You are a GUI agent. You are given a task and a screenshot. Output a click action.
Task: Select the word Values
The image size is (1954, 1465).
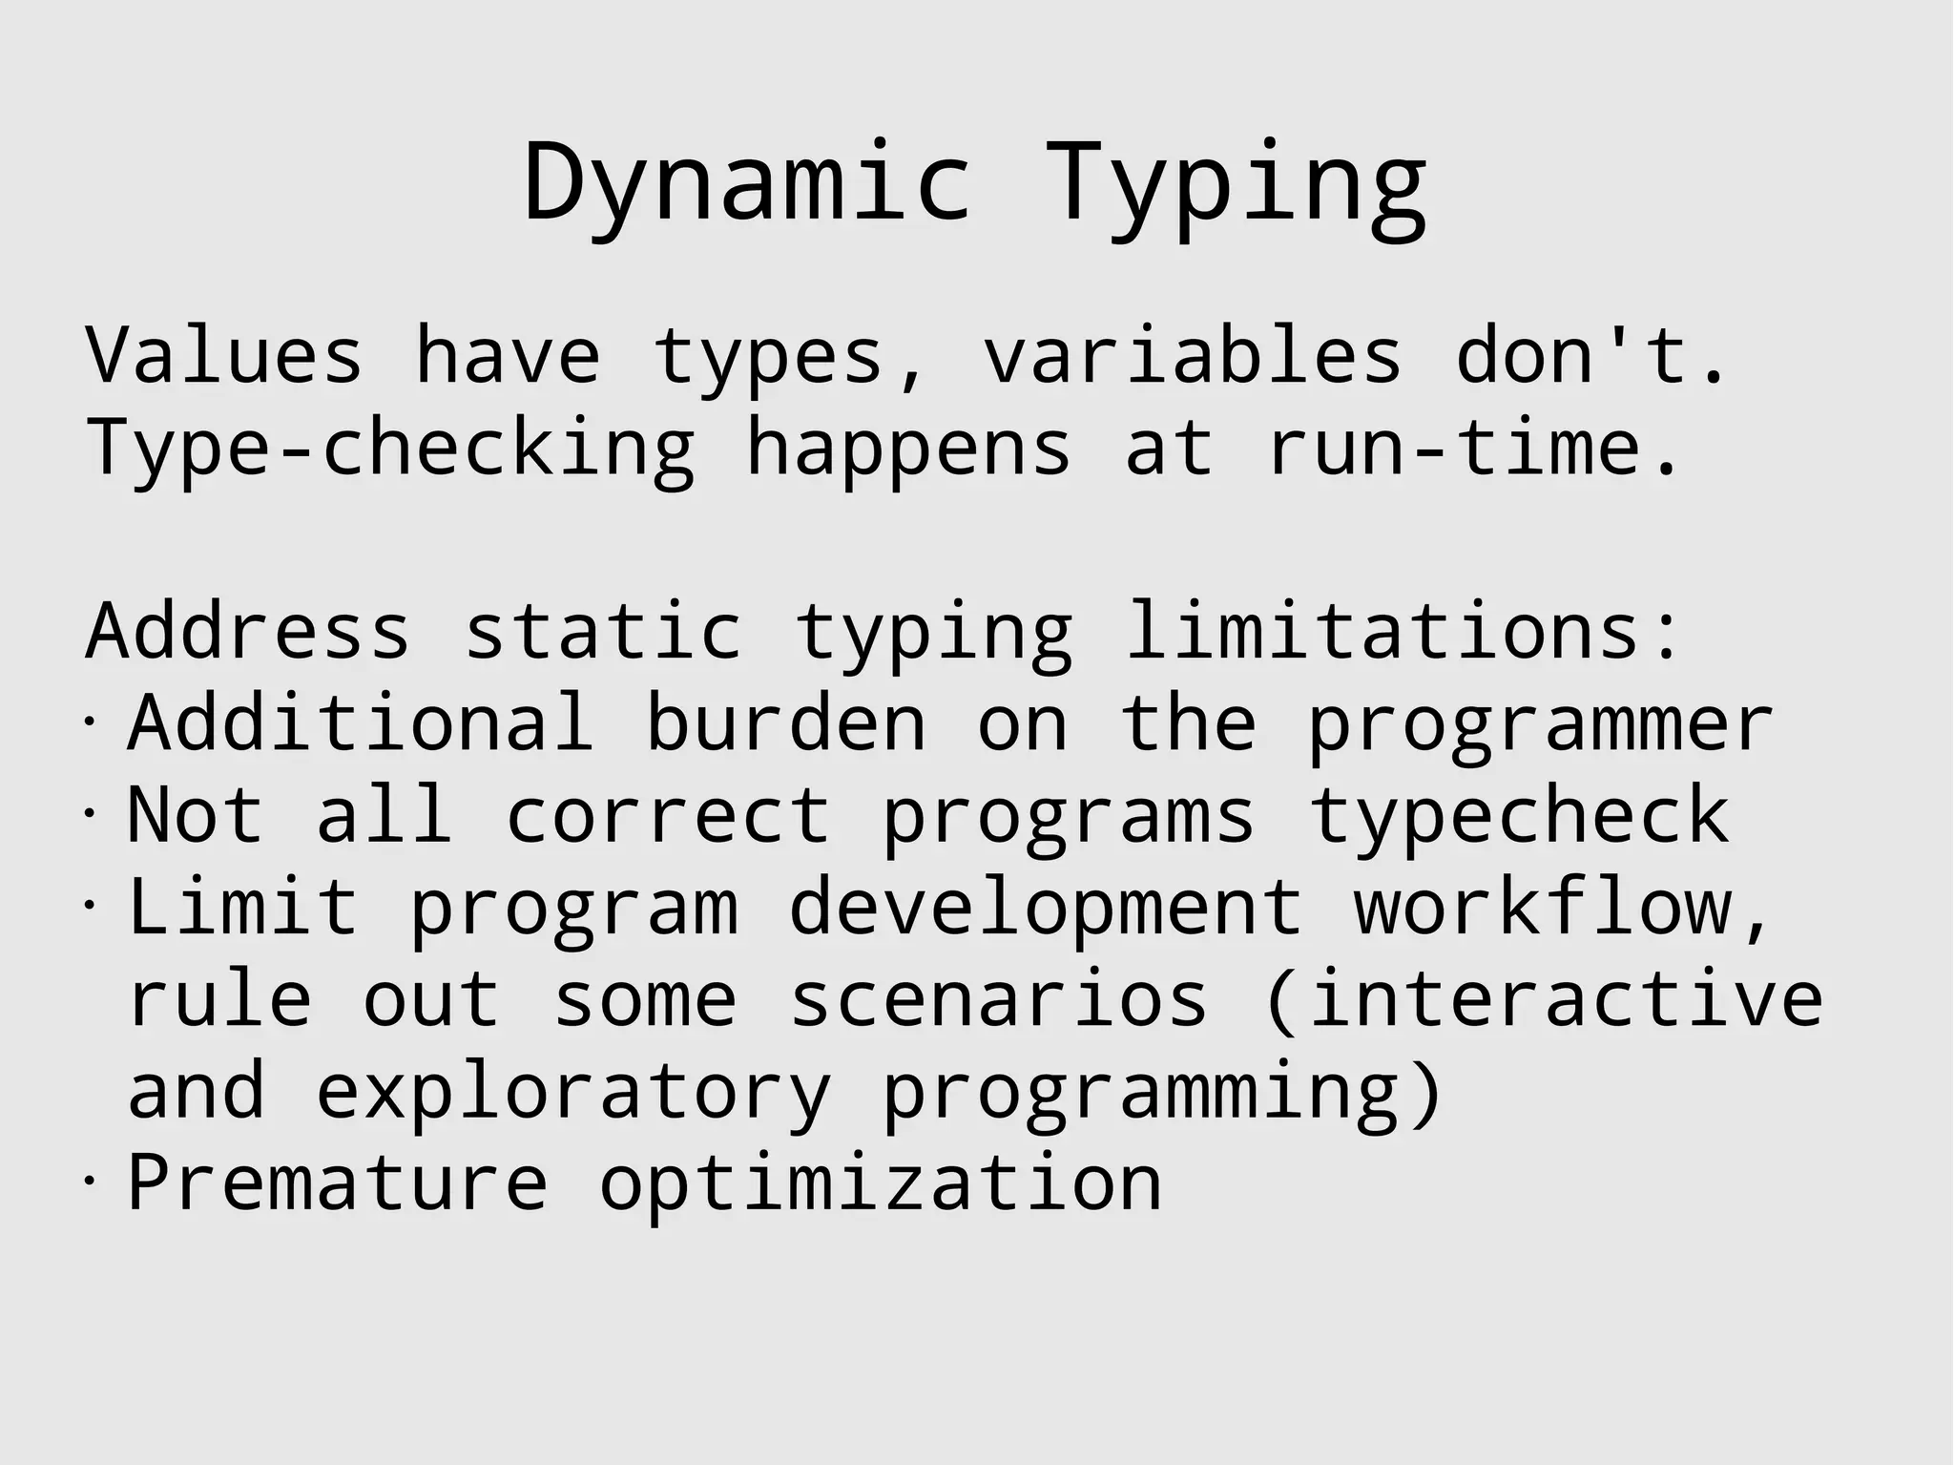[224, 355]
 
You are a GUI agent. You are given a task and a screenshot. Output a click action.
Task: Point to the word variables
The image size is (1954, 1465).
[1192, 355]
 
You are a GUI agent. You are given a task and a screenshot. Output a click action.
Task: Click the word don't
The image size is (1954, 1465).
[1589, 355]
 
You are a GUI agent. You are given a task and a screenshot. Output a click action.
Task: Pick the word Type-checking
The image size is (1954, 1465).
[390, 449]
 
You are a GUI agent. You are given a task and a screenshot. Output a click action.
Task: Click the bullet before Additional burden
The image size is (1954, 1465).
[89, 721]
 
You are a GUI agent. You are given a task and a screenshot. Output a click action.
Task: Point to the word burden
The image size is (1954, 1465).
[786, 722]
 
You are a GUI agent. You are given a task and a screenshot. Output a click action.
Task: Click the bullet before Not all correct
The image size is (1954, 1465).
[89, 812]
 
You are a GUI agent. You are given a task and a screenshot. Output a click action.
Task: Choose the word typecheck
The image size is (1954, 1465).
[1518, 816]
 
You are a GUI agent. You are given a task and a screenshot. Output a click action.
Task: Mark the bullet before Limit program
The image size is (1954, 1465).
[89, 904]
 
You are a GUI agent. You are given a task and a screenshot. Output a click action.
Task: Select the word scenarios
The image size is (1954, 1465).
[999, 999]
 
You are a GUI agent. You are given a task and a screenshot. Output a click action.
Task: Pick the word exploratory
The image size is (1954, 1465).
[573, 1093]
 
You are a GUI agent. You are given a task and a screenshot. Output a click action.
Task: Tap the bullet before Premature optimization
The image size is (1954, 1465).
[89, 1181]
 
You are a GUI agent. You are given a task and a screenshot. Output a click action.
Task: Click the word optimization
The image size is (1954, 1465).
[880, 1184]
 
